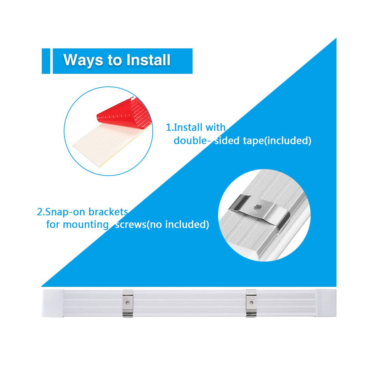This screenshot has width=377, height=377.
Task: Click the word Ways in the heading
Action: point(83,60)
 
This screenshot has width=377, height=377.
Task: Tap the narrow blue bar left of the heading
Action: point(46,61)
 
